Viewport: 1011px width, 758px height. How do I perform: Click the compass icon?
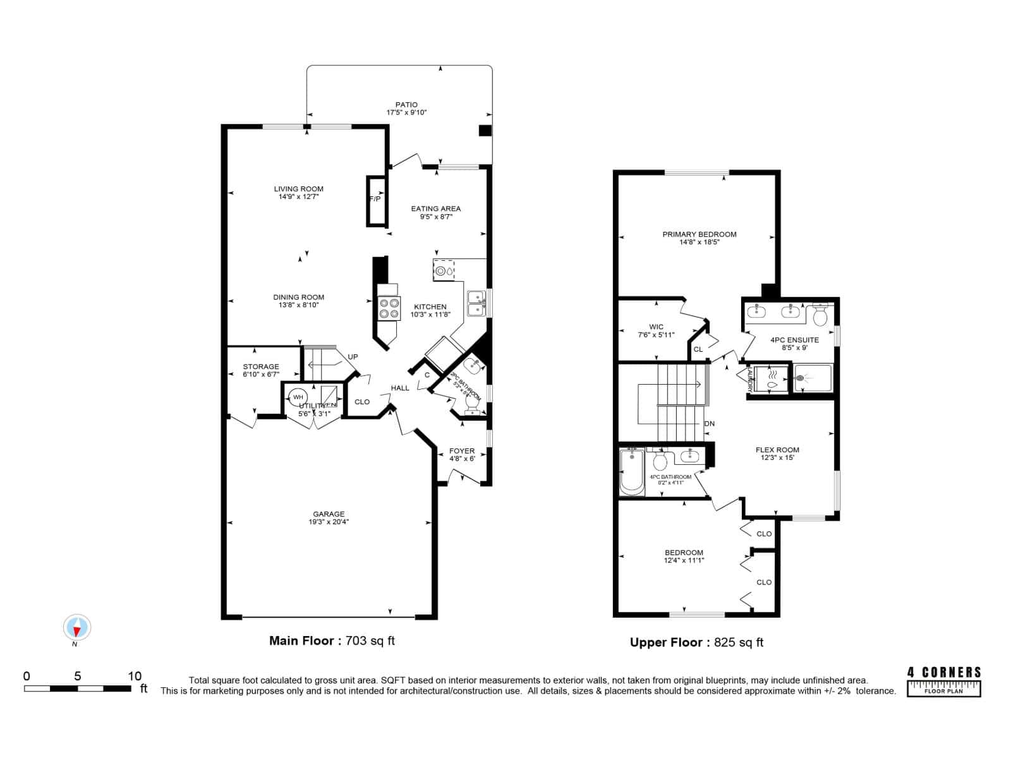77,627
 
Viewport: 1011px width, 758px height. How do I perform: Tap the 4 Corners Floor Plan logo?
944,682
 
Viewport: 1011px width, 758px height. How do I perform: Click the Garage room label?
329,514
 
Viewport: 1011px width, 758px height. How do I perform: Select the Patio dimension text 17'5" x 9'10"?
406,112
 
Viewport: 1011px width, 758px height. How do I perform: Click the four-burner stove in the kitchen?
389,308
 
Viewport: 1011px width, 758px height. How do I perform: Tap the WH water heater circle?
298,397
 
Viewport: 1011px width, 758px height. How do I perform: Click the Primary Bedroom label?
699,234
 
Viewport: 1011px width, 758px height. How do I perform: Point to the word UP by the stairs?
353,357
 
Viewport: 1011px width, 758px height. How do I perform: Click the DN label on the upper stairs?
709,424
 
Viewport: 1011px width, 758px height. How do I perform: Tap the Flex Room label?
777,450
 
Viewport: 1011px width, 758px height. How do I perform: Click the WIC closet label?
656,327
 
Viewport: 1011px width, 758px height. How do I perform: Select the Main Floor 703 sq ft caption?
332,641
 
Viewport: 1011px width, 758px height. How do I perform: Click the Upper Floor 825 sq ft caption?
696,642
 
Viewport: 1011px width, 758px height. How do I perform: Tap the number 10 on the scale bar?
135,676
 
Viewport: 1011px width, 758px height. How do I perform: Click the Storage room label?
261,366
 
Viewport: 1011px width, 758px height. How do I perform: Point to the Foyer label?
462,451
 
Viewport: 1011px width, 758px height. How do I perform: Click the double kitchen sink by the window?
475,303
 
